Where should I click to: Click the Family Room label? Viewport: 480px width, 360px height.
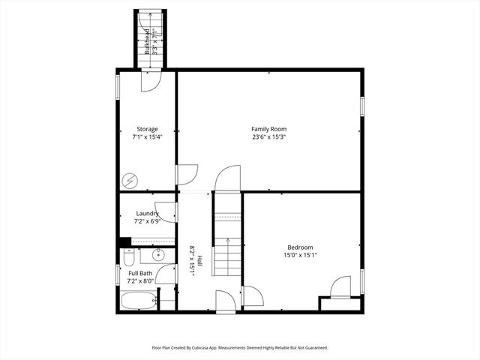click(x=269, y=129)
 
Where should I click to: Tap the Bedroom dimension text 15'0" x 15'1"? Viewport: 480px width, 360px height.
click(x=300, y=255)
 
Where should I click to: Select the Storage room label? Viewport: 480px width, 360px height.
click(x=147, y=129)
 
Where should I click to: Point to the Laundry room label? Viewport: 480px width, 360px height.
click(x=147, y=214)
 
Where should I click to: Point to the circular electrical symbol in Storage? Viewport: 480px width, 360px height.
click(x=130, y=181)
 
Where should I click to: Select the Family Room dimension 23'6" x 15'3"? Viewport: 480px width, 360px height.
click(x=269, y=137)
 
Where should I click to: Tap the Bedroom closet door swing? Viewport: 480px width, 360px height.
click(x=340, y=286)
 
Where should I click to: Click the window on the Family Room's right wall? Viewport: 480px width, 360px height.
click(x=361, y=107)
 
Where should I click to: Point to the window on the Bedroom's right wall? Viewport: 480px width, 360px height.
click(x=361, y=281)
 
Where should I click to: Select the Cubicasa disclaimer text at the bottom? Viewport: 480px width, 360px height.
click(x=240, y=348)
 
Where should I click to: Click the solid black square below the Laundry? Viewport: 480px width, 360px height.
click(x=124, y=241)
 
